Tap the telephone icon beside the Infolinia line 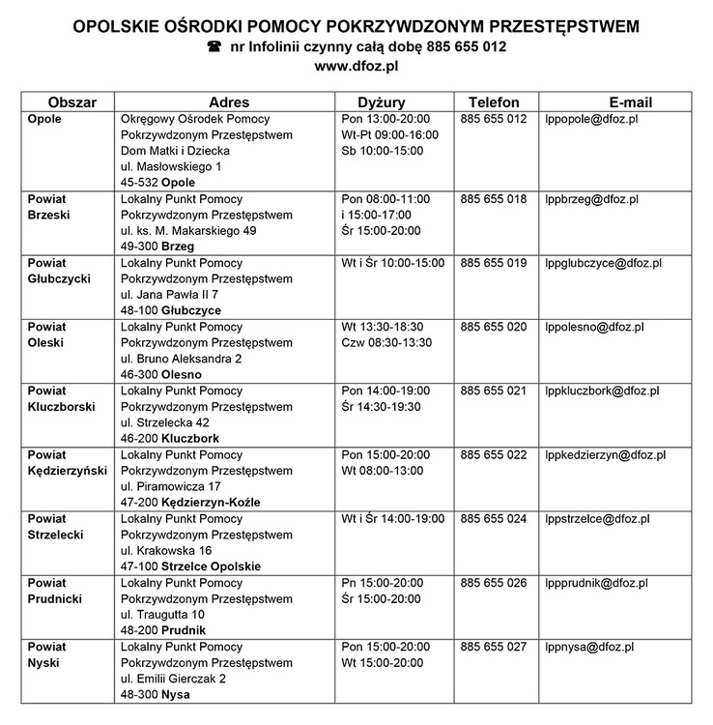tap(214, 46)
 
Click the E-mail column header tap(631, 101)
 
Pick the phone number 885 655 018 tap(494, 199)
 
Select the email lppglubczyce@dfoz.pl tap(603, 263)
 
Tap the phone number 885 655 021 tap(494, 391)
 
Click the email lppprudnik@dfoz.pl tap(596, 583)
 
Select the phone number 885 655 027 tap(494, 647)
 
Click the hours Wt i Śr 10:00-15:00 tap(392, 263)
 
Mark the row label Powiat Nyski tap(47, 654)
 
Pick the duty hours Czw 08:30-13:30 tap(386, 342)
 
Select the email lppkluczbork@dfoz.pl tap(602, 391)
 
